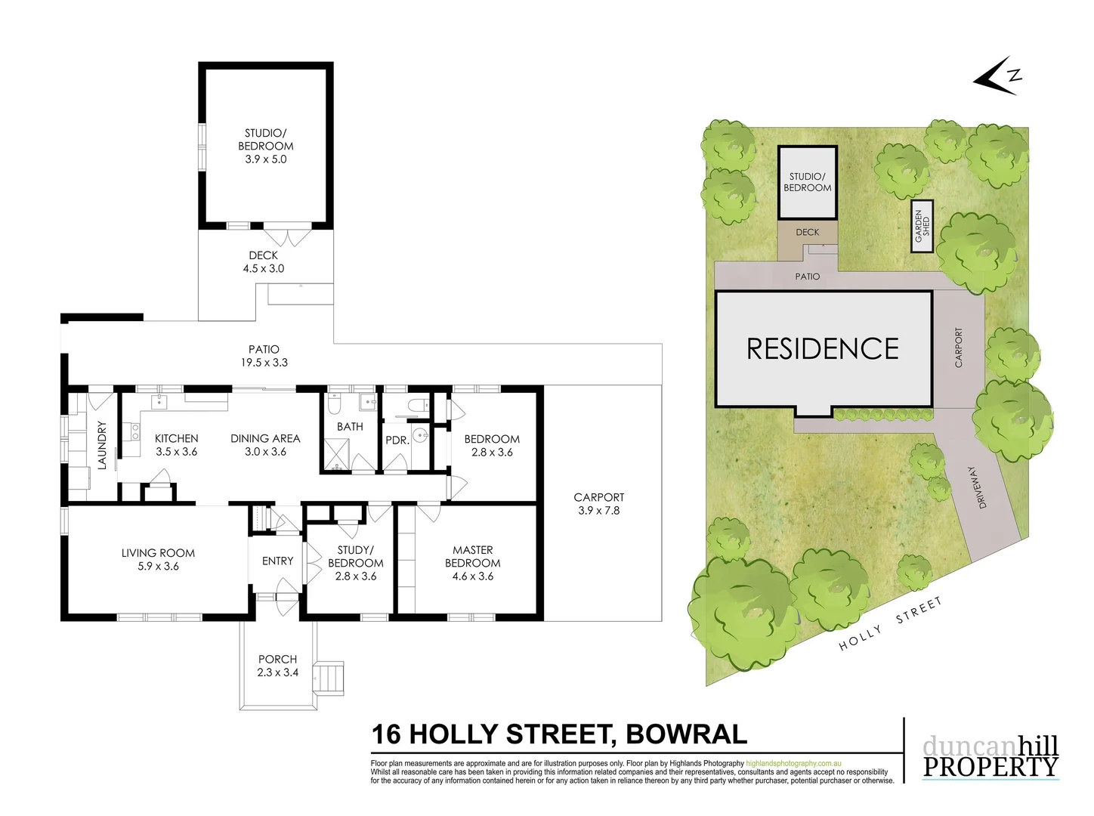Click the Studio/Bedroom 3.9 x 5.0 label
click(x=265, y=146)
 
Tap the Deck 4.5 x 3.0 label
click(x=263, y=262)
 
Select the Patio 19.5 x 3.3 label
click(x=264, y=356)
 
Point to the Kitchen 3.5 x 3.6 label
click(x=176, y=445)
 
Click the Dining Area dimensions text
click(x=265, y=452)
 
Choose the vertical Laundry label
click(x=102, y=445)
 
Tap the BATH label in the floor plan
click(x=350, y=427)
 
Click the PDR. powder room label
click(x=397, y=440)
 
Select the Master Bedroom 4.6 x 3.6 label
click(x=472, y=563)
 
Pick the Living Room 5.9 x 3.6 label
click(x=158, y=559)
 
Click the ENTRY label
click(x=277, y=561)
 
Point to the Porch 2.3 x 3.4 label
click(x=277, y=666)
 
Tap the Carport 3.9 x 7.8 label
click(x=598, y=504)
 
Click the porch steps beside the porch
click(x=329, y=677)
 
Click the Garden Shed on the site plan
click(x=922, y=226)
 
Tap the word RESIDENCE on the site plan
click(x=822, y=348)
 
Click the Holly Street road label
click(x=891, y=624)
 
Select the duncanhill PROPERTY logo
click(x=990, y=757)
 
